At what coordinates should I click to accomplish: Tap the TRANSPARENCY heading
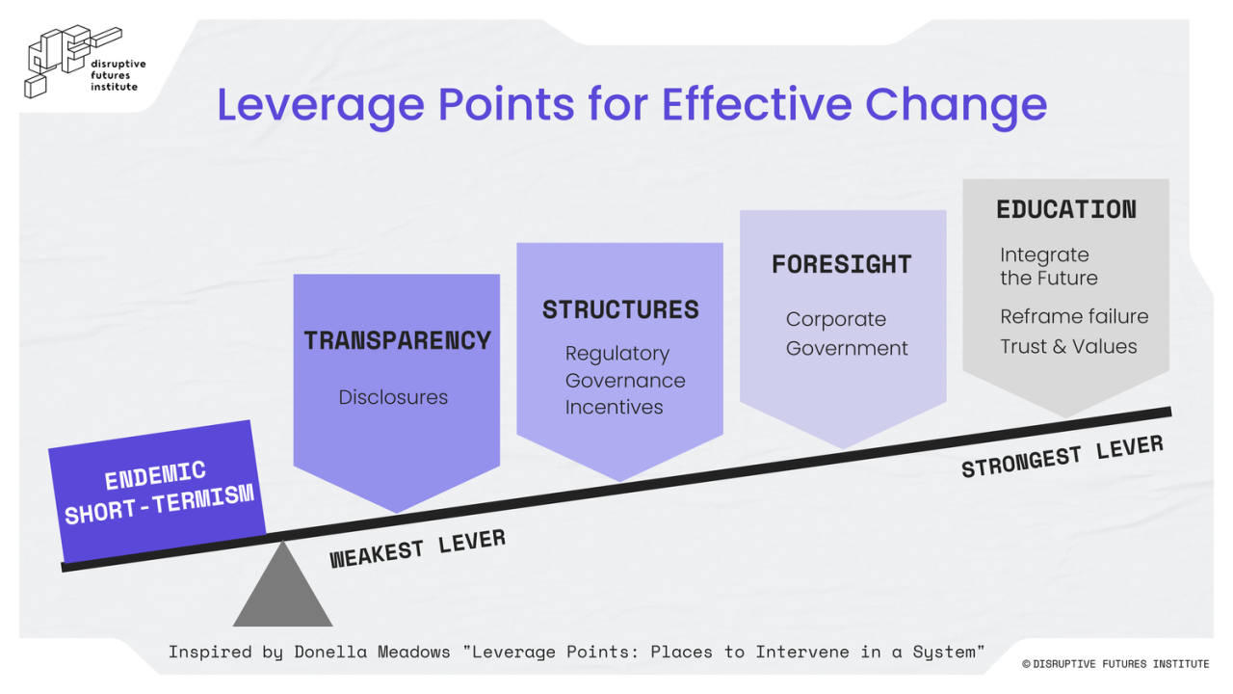(397, 340)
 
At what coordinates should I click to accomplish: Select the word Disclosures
(393, 397)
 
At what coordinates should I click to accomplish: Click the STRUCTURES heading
(620, 309)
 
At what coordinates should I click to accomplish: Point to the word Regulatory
(616, 354)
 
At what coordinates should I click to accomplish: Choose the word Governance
(625, 381)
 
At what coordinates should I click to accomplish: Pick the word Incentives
(614, 407)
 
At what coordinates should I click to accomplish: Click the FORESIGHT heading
(841, 264)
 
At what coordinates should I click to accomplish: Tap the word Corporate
(835, 319)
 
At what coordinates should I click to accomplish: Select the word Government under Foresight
(847, 348)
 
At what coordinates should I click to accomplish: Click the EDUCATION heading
(1065, 209)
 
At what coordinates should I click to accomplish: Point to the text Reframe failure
(1074, 316)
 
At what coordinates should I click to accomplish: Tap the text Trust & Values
(1068, 346)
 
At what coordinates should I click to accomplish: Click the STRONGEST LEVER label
(1062, 456)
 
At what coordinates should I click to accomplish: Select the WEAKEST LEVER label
(417, 548)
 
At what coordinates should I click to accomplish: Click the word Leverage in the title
(317, 105)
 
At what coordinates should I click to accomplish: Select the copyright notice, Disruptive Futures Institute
(1115, 664)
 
